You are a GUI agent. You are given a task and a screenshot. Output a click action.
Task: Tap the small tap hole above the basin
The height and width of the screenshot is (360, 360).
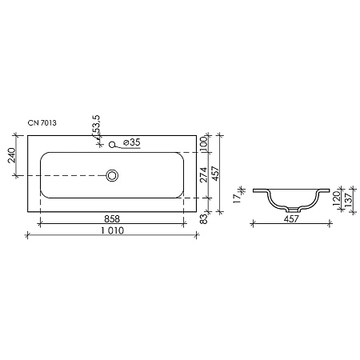pyautogui.click(x=114, y=145)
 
